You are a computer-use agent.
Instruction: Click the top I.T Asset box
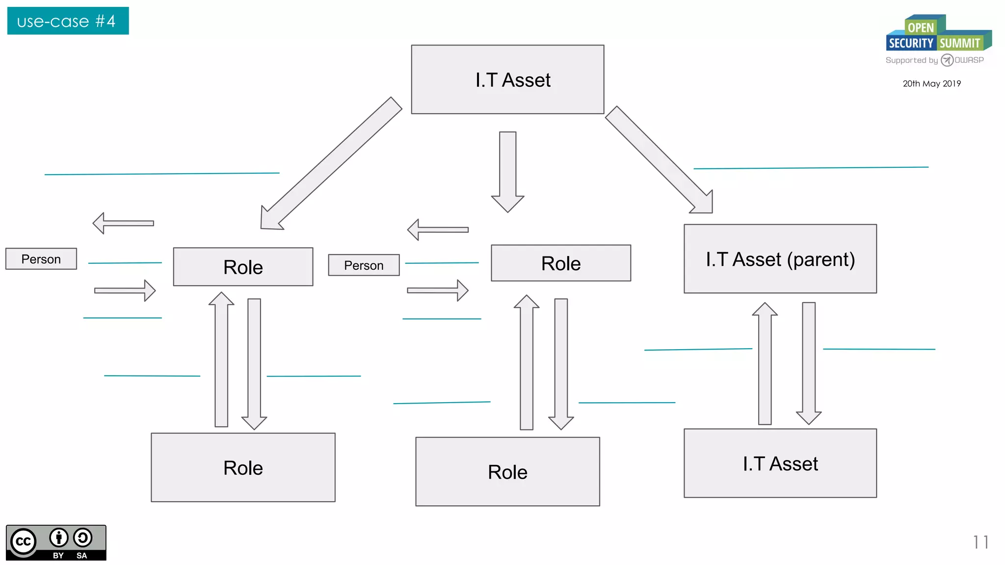[507, 79]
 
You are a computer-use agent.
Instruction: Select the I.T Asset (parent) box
[780, 258]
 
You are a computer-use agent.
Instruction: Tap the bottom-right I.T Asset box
[780, 463]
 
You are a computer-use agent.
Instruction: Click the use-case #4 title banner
[68, 21]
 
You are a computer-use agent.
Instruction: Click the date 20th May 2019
[931, 83]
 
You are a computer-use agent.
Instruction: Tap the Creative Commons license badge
[56, 542]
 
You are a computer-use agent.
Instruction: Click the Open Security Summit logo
[938, 34]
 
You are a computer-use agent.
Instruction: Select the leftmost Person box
[41, 258]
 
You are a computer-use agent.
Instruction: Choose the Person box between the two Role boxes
[364, 265]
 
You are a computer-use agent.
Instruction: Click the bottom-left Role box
[243, 467]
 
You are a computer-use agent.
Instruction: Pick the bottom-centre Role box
[507, 471]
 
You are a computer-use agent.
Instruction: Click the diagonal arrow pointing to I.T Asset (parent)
[660, 160]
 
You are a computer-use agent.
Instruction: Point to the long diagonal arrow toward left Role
[331, 163]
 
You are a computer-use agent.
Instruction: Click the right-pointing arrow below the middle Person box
[437, 290]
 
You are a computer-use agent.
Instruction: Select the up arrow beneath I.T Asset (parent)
[765, 363]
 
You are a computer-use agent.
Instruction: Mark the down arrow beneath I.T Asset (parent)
[809, 363]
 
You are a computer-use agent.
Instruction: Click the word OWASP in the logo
[969, 60]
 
